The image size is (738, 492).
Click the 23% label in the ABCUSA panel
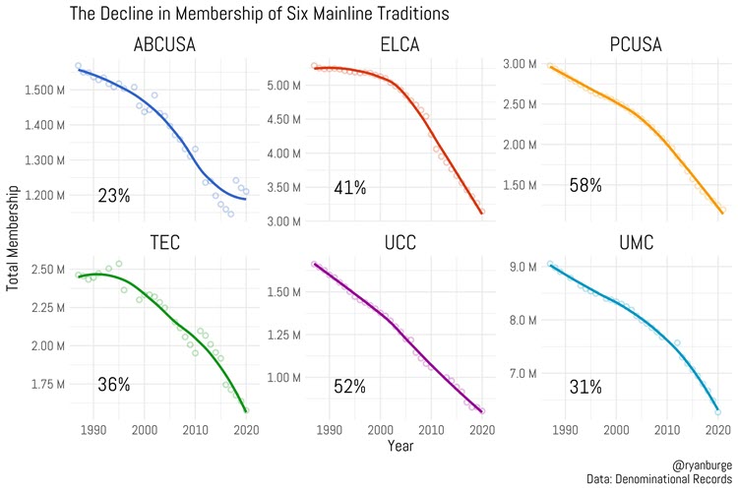[x=113, y=196]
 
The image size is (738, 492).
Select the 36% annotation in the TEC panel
[x=113, y=385]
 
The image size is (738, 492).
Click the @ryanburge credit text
[x=701, y=461]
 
